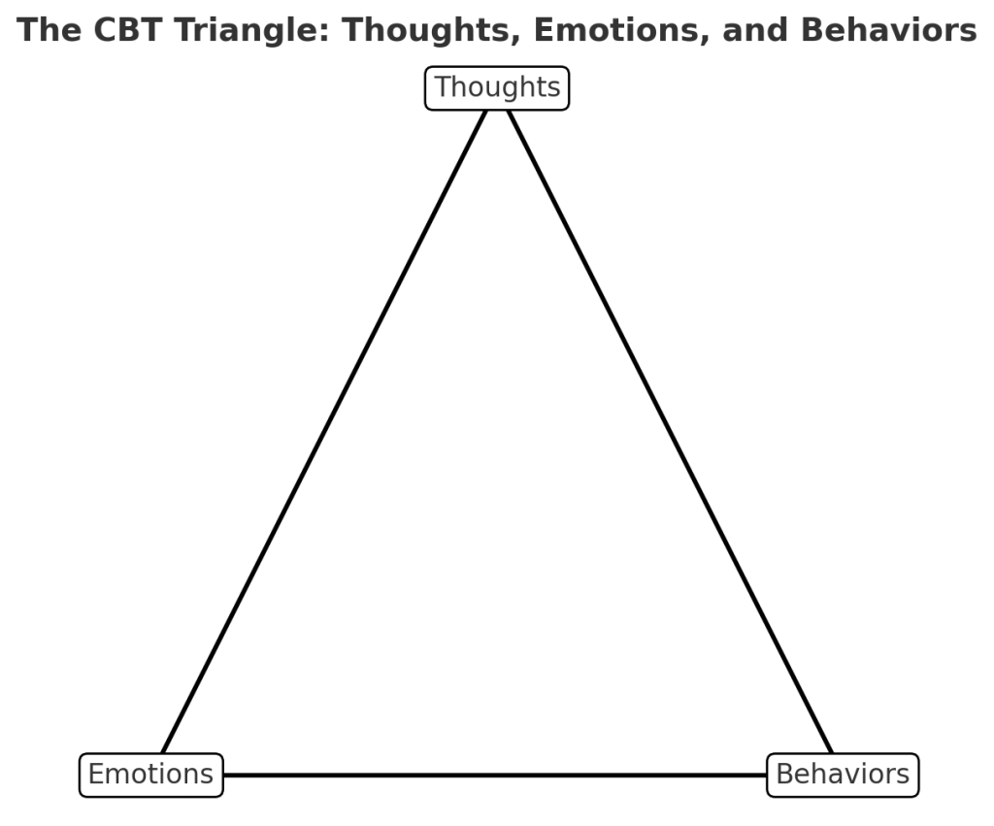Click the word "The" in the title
coord(49,30)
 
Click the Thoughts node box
coord(497,88)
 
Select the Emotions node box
coord(150,775)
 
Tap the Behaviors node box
coord(843,775)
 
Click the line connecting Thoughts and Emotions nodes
coord(323,432)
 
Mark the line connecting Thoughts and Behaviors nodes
coord(670,432)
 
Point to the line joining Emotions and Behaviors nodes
coord(495,775)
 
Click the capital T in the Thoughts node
coord(443,87)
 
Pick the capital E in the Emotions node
coord(96,775)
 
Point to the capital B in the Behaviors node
coord(785,775)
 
